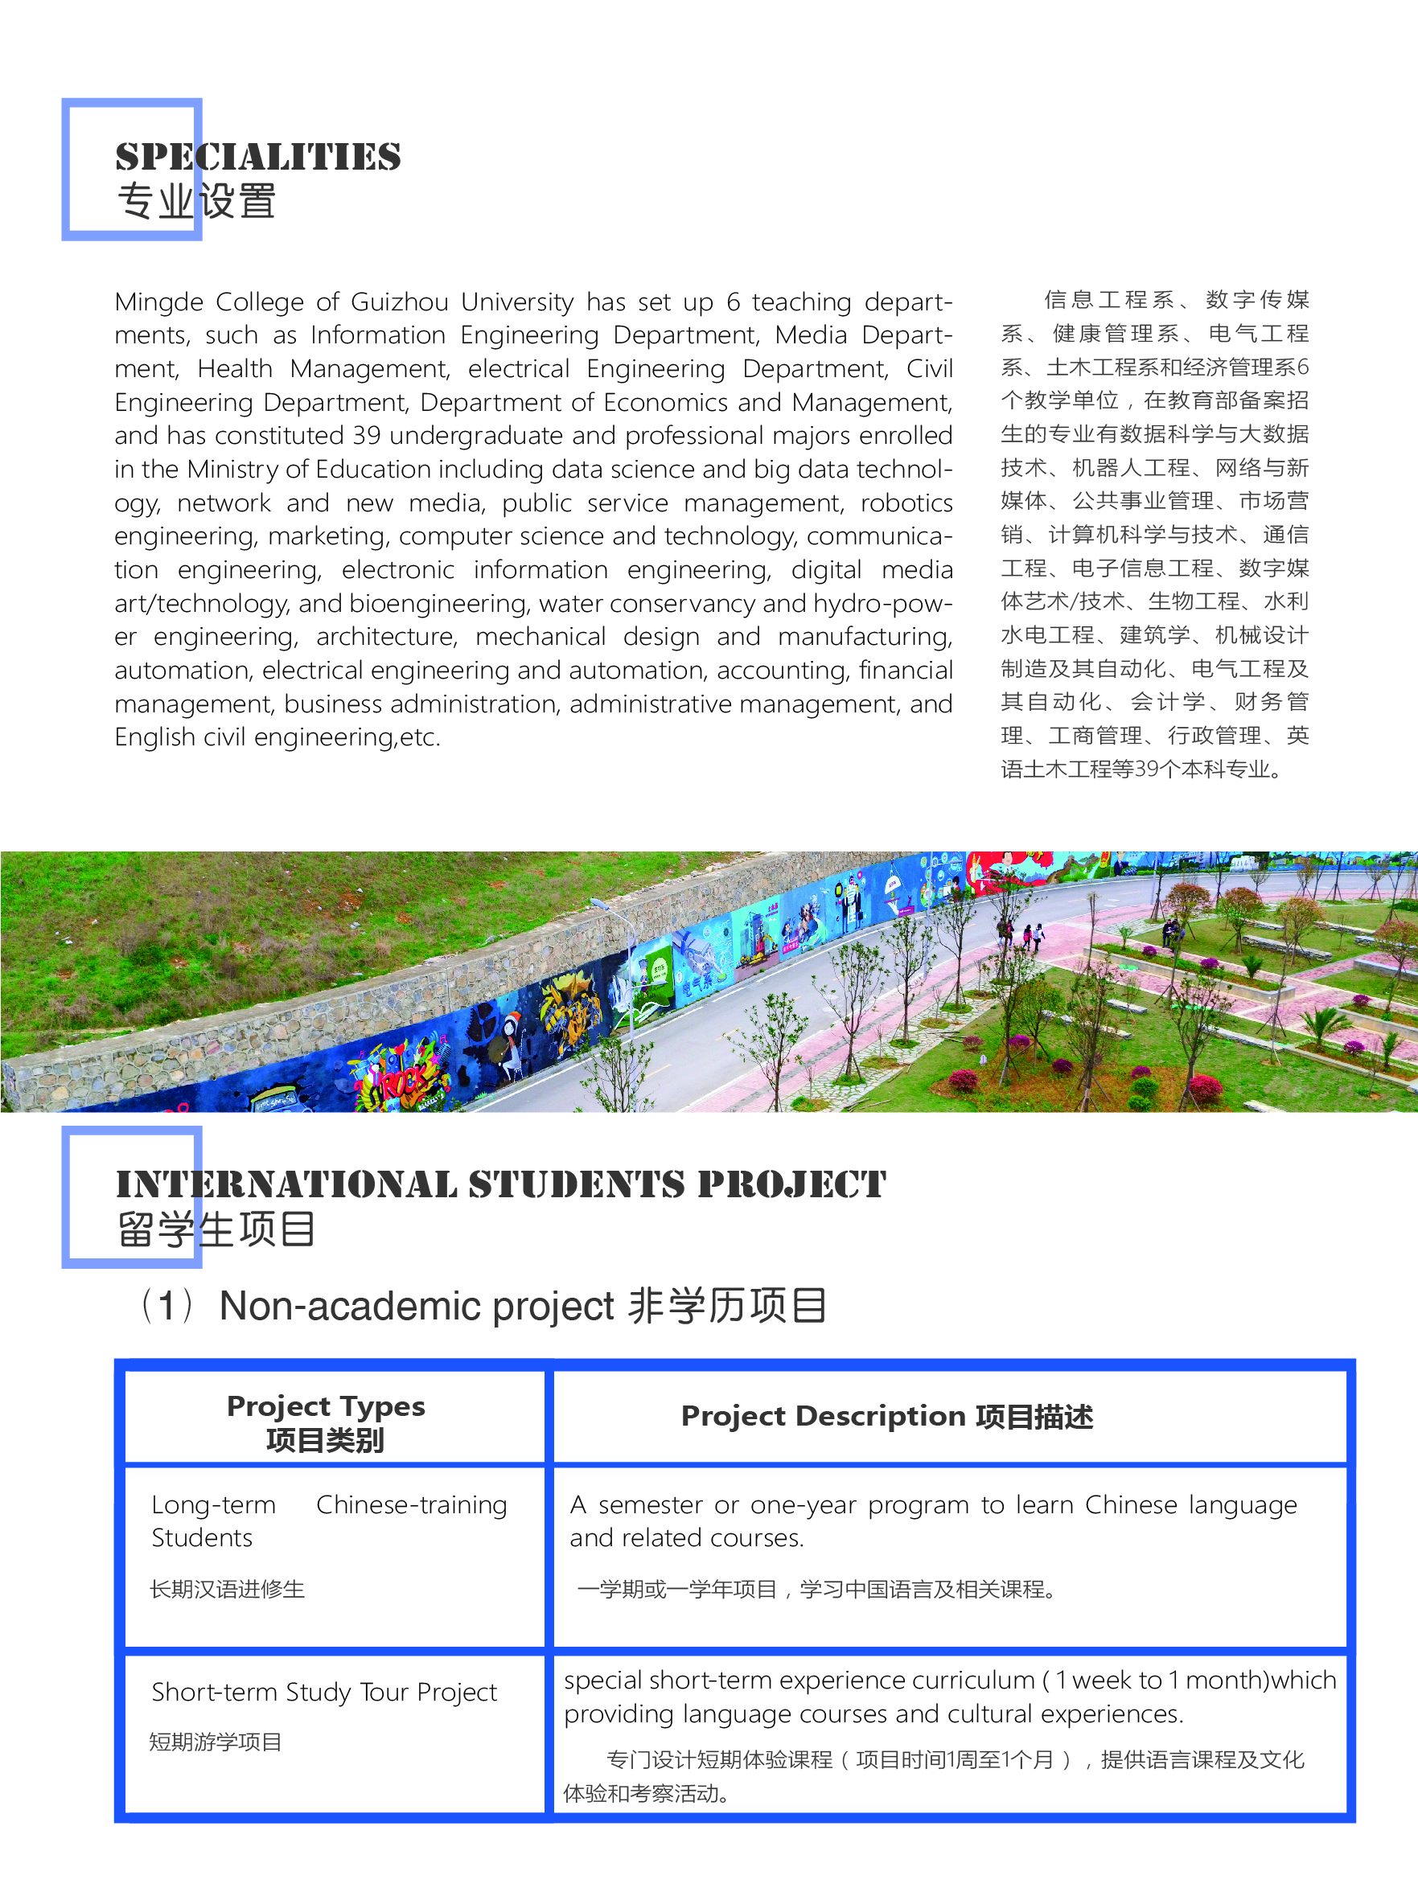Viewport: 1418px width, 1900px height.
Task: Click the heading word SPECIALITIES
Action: pyautogui.click(x=257, y=157)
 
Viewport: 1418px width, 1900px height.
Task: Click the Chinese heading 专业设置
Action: pyautogui.click(x=195, y=203)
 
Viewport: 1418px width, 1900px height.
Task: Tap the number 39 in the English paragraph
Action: pyautogui.click(x=367, y=436)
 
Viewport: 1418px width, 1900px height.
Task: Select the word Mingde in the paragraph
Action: pyautogui.click(x=158, y=302)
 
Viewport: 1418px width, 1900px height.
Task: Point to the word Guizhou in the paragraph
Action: pyautogui.click(x=399, y=302)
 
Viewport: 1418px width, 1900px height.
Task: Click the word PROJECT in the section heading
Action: pyautogui.click(x=791, y=1184)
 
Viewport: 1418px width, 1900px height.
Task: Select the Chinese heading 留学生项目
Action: pyautogui.click(x=216, y=1229)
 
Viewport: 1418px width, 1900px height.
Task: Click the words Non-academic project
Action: pyautogui.click(x=417, y=1306)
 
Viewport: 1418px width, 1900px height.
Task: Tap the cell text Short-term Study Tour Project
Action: pyautogui.click(x=323, y=1692)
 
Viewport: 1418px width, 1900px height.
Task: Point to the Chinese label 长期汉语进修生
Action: pyautogui.click(x=227, y=1590)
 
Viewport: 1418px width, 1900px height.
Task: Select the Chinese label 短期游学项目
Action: pyautogui.click(x=215, y=1742)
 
